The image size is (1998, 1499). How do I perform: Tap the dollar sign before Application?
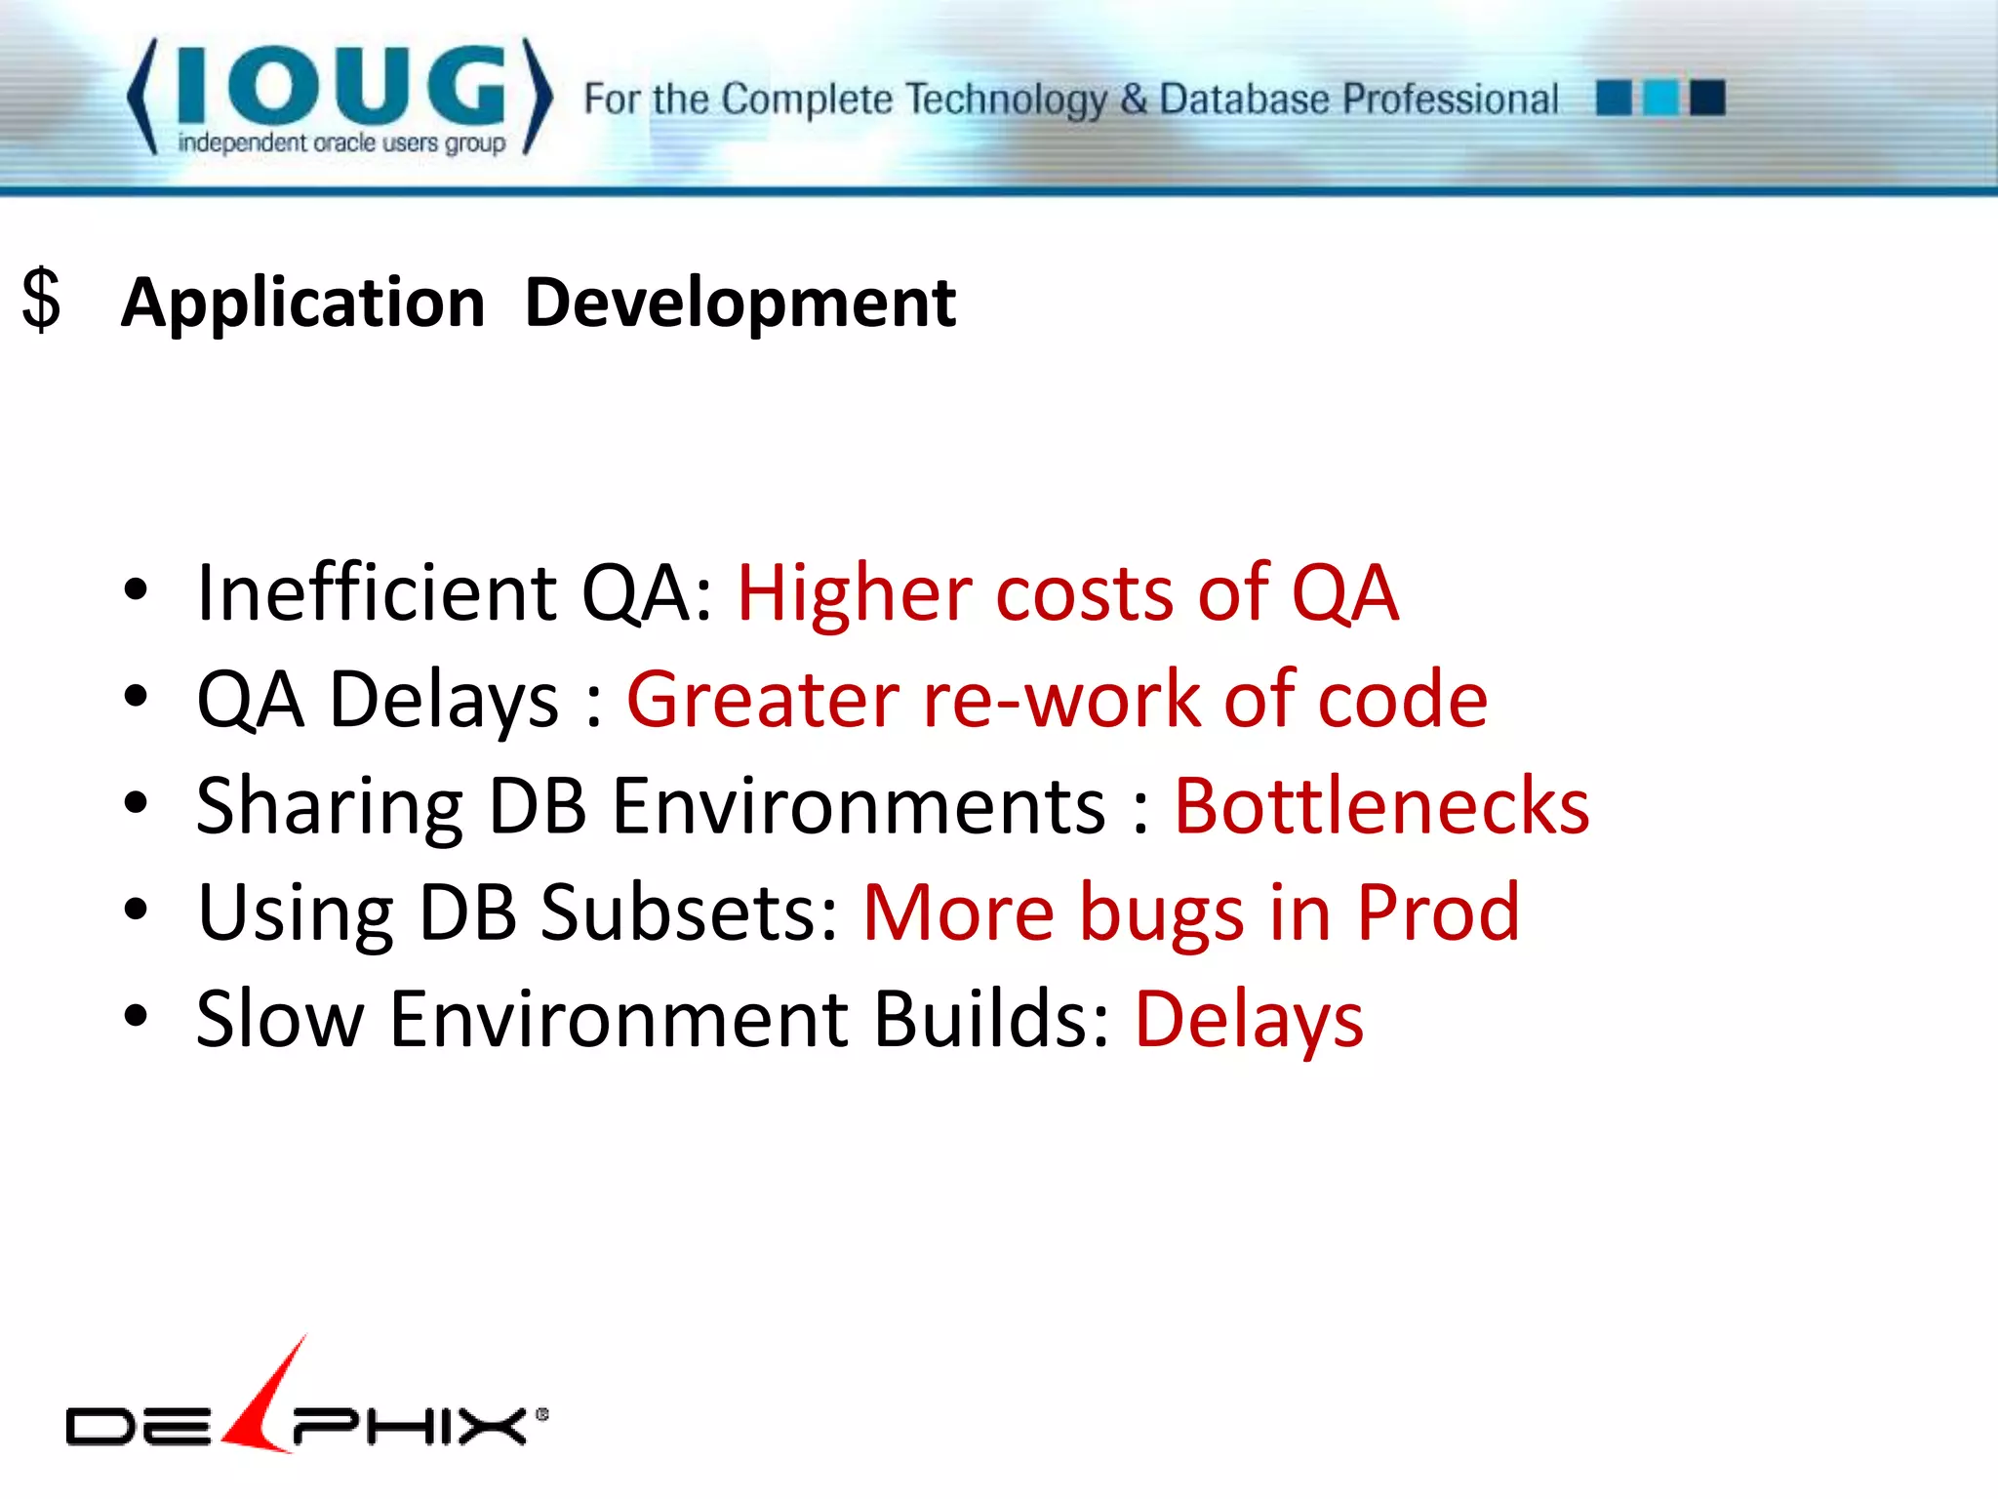click(x=41, y=301)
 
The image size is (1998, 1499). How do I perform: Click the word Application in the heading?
click(x=302, y=303)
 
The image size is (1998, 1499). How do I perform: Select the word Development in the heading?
click(x=739, y=303)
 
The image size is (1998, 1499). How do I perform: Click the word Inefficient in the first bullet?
click(x=376, y=593)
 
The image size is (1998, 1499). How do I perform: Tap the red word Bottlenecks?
click(x=1381, y=806)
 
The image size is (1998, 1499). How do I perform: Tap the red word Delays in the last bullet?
click(x=1249, y=1021)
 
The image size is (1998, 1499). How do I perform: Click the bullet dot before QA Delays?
click(x=136, y=697)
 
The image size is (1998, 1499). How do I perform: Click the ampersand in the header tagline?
click(x=1133, y=99)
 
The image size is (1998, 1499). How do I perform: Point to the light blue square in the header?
click(x=1660, y=98)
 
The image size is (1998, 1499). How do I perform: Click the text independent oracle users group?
click(x=341, y=143)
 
